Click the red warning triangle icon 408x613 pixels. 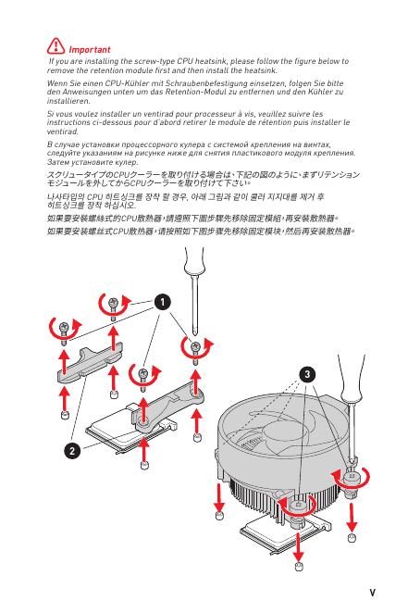pyautogui.click(x=56, y=45)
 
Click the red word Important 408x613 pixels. pyautogui.click(x=90, y=50)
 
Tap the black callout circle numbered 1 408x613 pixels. pyautogui.click(x=163, y=302)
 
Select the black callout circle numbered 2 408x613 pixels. pyautogui.click(x=72, y=451)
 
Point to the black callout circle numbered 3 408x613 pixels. pyautogui.click(x=307, y=374)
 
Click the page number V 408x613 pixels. pyautogui.click(x=373, y=593)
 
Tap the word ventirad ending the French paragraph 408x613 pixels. pyautogui.click(x=63, y=131)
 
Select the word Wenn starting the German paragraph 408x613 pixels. pyautogui.click(x=56, y=83)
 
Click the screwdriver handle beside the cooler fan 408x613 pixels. pyautogui.click(x=352, y=377)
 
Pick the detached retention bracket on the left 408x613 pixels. pyautogui.click(x=90, y=362)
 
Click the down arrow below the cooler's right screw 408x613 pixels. pyautogui.click(x=352, y=517)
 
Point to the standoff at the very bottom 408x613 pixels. pyautogui.click(x=299, y=566)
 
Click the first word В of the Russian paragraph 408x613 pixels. pyautogui.click(x=50, y=144)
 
